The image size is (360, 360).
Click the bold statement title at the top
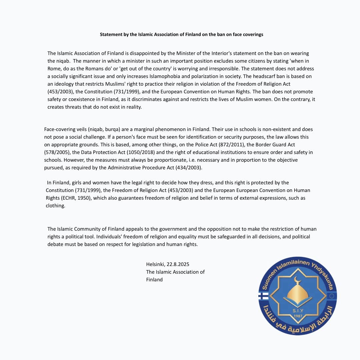(x=181, y=34)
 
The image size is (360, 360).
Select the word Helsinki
(x=155, y=264)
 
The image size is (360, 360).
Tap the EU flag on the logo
(x=332, y=296)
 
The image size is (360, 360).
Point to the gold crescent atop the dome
(x=297, y=279)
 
